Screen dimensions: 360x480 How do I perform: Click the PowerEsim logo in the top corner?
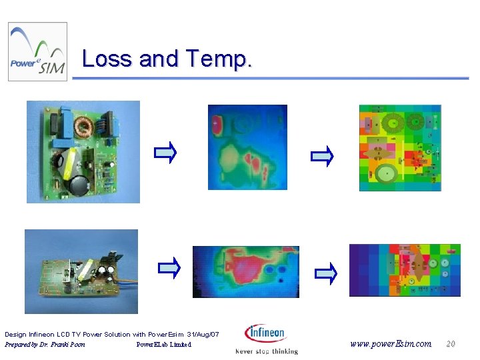pos(37,51)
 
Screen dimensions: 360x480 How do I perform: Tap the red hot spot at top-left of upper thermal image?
pos(218,124)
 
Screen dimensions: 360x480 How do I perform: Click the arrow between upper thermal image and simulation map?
pos(322,156)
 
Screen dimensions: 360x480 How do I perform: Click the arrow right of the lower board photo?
pos(169,269)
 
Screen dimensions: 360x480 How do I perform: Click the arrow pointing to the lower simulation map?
pos(325,271)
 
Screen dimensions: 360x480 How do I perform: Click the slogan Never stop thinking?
pos(267,351)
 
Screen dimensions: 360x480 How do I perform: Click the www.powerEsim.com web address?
pos(391,344)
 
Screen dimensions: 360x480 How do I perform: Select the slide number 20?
pos(451,344)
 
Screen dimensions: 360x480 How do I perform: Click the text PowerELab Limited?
pos(163,345)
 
